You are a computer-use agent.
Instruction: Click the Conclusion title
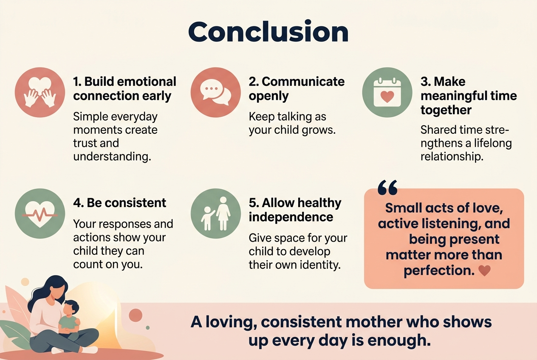click(x=268, y=31)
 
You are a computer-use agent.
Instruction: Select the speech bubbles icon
click(x=215, y=92)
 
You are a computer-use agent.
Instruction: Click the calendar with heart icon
click(x=387, y=92)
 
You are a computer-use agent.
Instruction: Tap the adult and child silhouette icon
click(x=215, y=212)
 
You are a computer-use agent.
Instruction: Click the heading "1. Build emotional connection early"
click(x=124, y=89)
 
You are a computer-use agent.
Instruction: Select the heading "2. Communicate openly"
click(x=297, y=89)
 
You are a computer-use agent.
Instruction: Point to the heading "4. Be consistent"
click(x=119, y=203)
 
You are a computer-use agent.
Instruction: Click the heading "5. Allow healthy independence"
click(x=295, y=210)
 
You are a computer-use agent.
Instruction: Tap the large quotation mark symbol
click(x=387, y=187)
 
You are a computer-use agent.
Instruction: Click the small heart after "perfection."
click(x=484, y=270)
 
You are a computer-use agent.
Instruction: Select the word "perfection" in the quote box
click(x=438, y=270)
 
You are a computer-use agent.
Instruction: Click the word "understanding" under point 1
click(x=112, y=157)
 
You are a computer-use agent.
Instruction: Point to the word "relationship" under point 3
click(x=452, y=157)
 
